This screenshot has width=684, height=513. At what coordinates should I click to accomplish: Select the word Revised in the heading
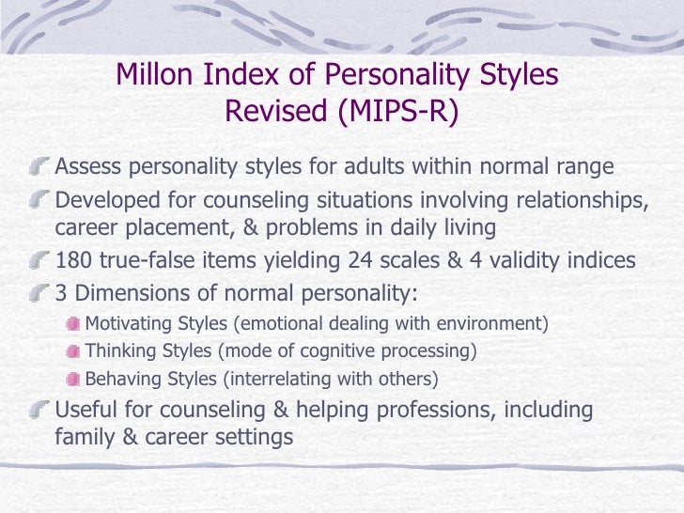point(272,112)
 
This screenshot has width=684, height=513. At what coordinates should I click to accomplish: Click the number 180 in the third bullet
point(75,261)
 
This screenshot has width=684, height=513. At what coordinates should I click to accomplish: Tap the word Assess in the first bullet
point(89,167)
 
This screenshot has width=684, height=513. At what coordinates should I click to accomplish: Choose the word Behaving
point(121,380)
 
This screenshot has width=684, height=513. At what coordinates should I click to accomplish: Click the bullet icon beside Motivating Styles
point(72,325)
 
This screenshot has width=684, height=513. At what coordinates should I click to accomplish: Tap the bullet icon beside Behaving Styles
point(72,381)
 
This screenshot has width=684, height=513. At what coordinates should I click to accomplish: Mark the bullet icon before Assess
point(40,168)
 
